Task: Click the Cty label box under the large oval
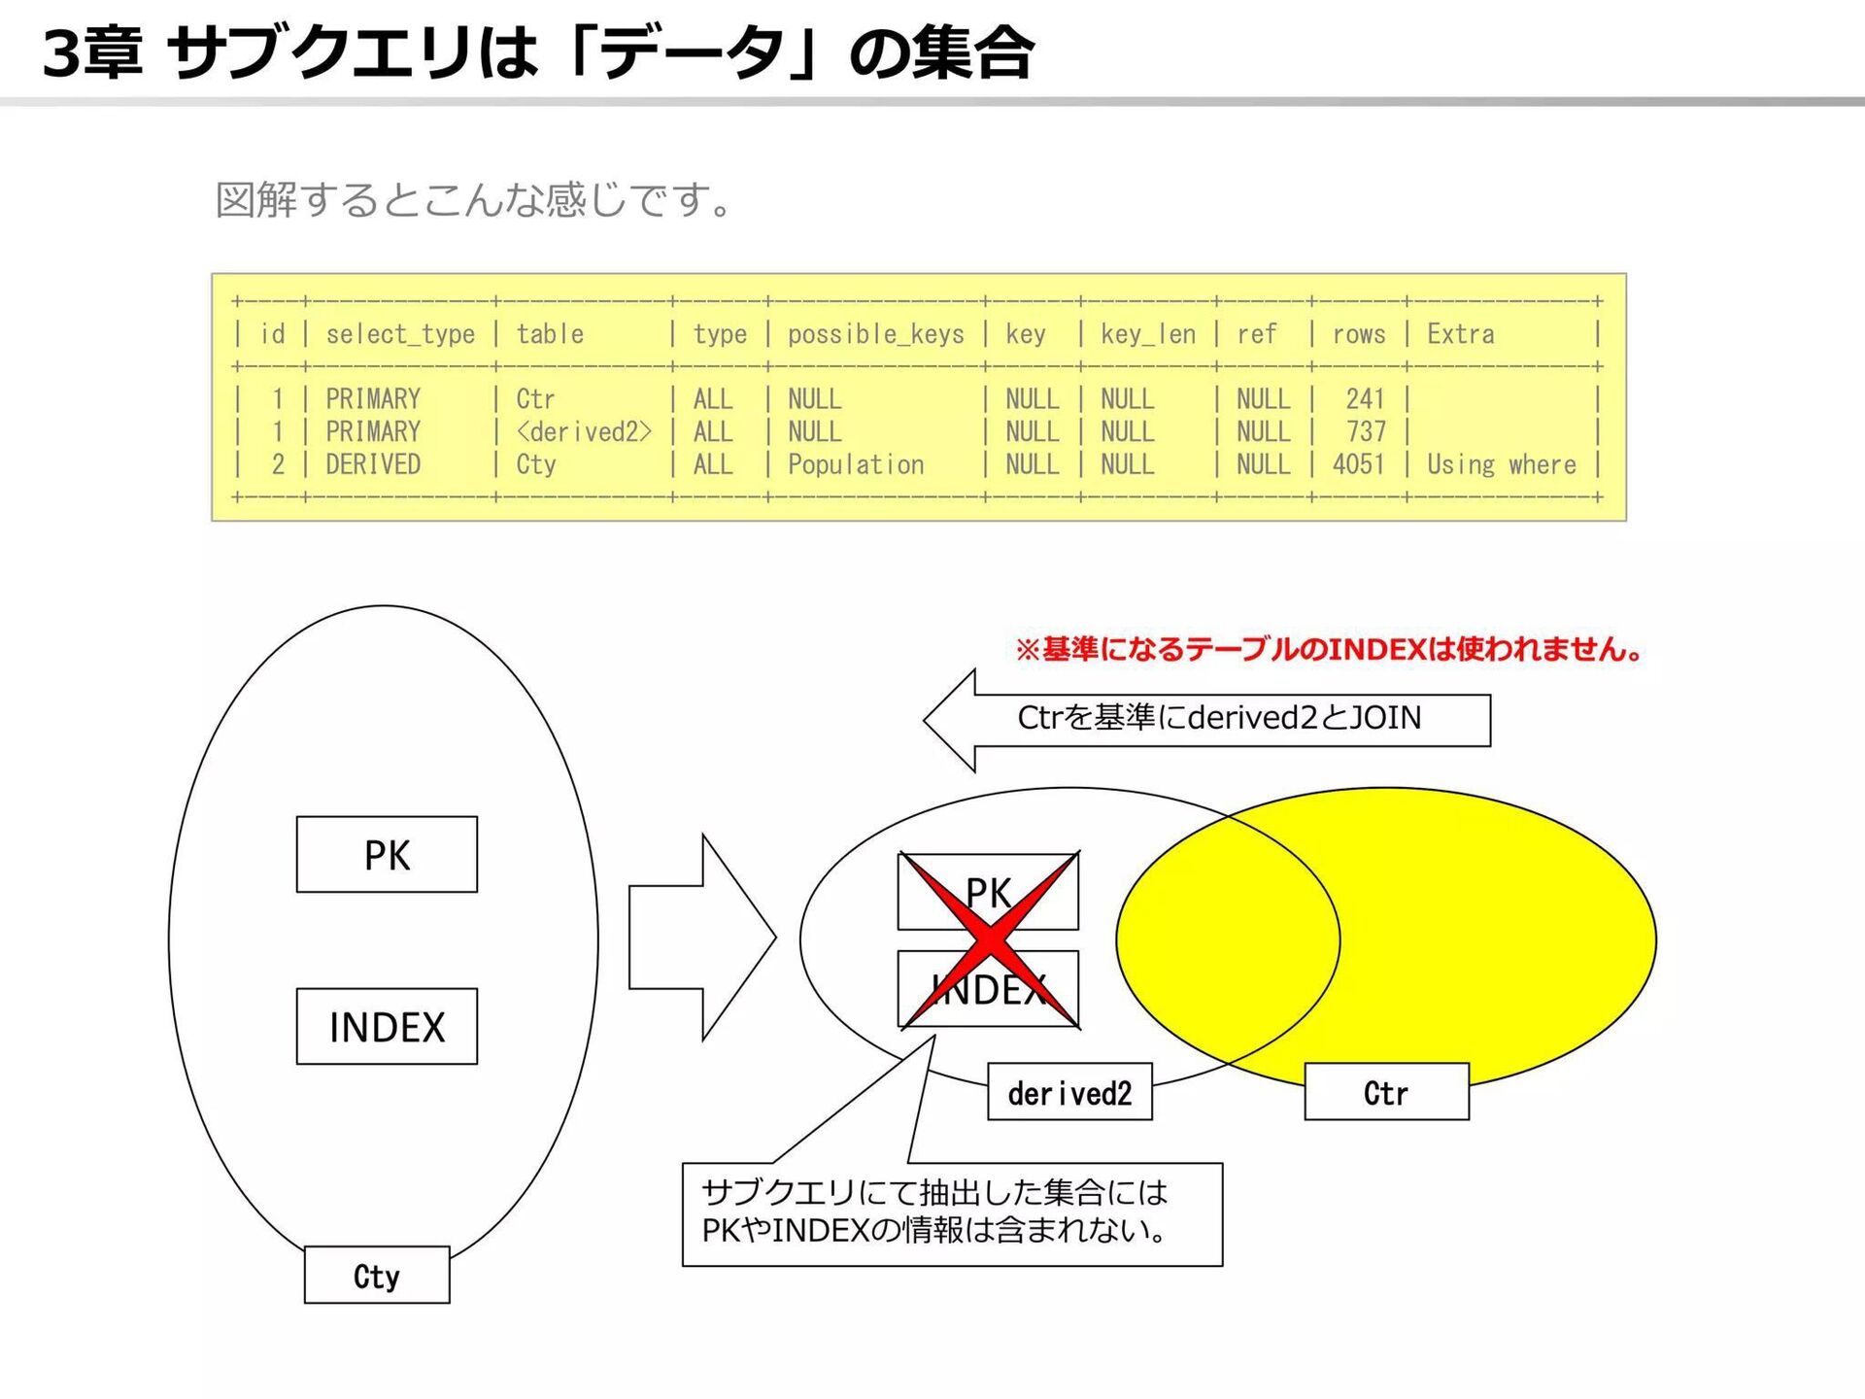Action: (377, 1275)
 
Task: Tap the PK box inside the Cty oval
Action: (387, 855)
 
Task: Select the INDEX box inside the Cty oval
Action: (387, 1027)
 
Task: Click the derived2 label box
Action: (1069, 1093)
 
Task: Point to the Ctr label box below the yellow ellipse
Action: (1386, 1092)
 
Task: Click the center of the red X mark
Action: (990, 940)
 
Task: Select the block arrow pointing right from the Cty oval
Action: (701, 938)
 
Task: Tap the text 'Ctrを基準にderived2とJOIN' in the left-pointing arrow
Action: (1219, 718)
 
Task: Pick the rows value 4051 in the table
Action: (1358, 464)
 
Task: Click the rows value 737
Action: (1366, 431)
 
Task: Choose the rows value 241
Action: (1365, 398)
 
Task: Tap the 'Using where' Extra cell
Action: (1501, 464)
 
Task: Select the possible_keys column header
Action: (875, 334)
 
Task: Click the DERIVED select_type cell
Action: (373, 464)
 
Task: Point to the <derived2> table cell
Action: (583, 431)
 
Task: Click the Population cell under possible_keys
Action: (856, 464)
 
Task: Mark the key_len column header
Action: (1147, 334)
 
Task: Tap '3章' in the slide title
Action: (92, 52)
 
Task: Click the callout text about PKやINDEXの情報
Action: (934, 1211)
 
